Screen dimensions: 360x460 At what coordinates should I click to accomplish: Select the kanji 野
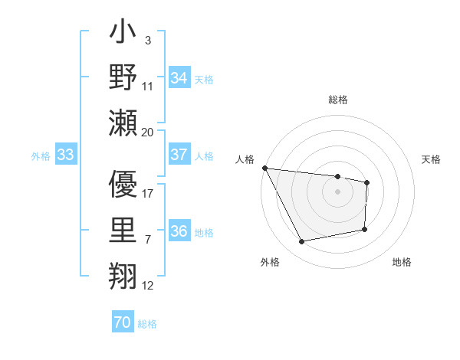tap(123, 79)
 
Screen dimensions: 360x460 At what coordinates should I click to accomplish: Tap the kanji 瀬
tap(123, 122)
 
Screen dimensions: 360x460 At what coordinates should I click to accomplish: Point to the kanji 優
tap(123, 185)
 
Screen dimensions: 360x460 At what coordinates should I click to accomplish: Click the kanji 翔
tap(123, 273)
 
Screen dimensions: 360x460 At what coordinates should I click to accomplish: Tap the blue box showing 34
tap(179, 77)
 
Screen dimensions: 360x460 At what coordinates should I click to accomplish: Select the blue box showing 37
tap(179, 155)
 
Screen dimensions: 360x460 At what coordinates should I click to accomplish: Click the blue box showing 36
tap(179, 232)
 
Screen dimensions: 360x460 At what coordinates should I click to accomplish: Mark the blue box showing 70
tap(122, 322)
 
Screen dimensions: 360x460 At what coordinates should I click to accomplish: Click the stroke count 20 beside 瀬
tap(148, 132)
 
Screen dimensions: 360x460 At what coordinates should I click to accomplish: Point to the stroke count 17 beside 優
tap(148, 194)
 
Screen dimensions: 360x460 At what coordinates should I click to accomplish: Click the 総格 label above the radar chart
tap(337, 100)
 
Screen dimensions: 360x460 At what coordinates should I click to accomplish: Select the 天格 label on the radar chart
tap(431, 159)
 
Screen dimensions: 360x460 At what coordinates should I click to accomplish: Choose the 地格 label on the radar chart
tap(402, 263)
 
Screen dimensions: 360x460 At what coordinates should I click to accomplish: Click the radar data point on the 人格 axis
tap(264, 168)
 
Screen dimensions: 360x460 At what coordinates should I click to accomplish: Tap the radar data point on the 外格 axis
tap(302, 242)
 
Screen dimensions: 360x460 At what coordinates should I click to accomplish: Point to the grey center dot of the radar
tap(337, 191)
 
